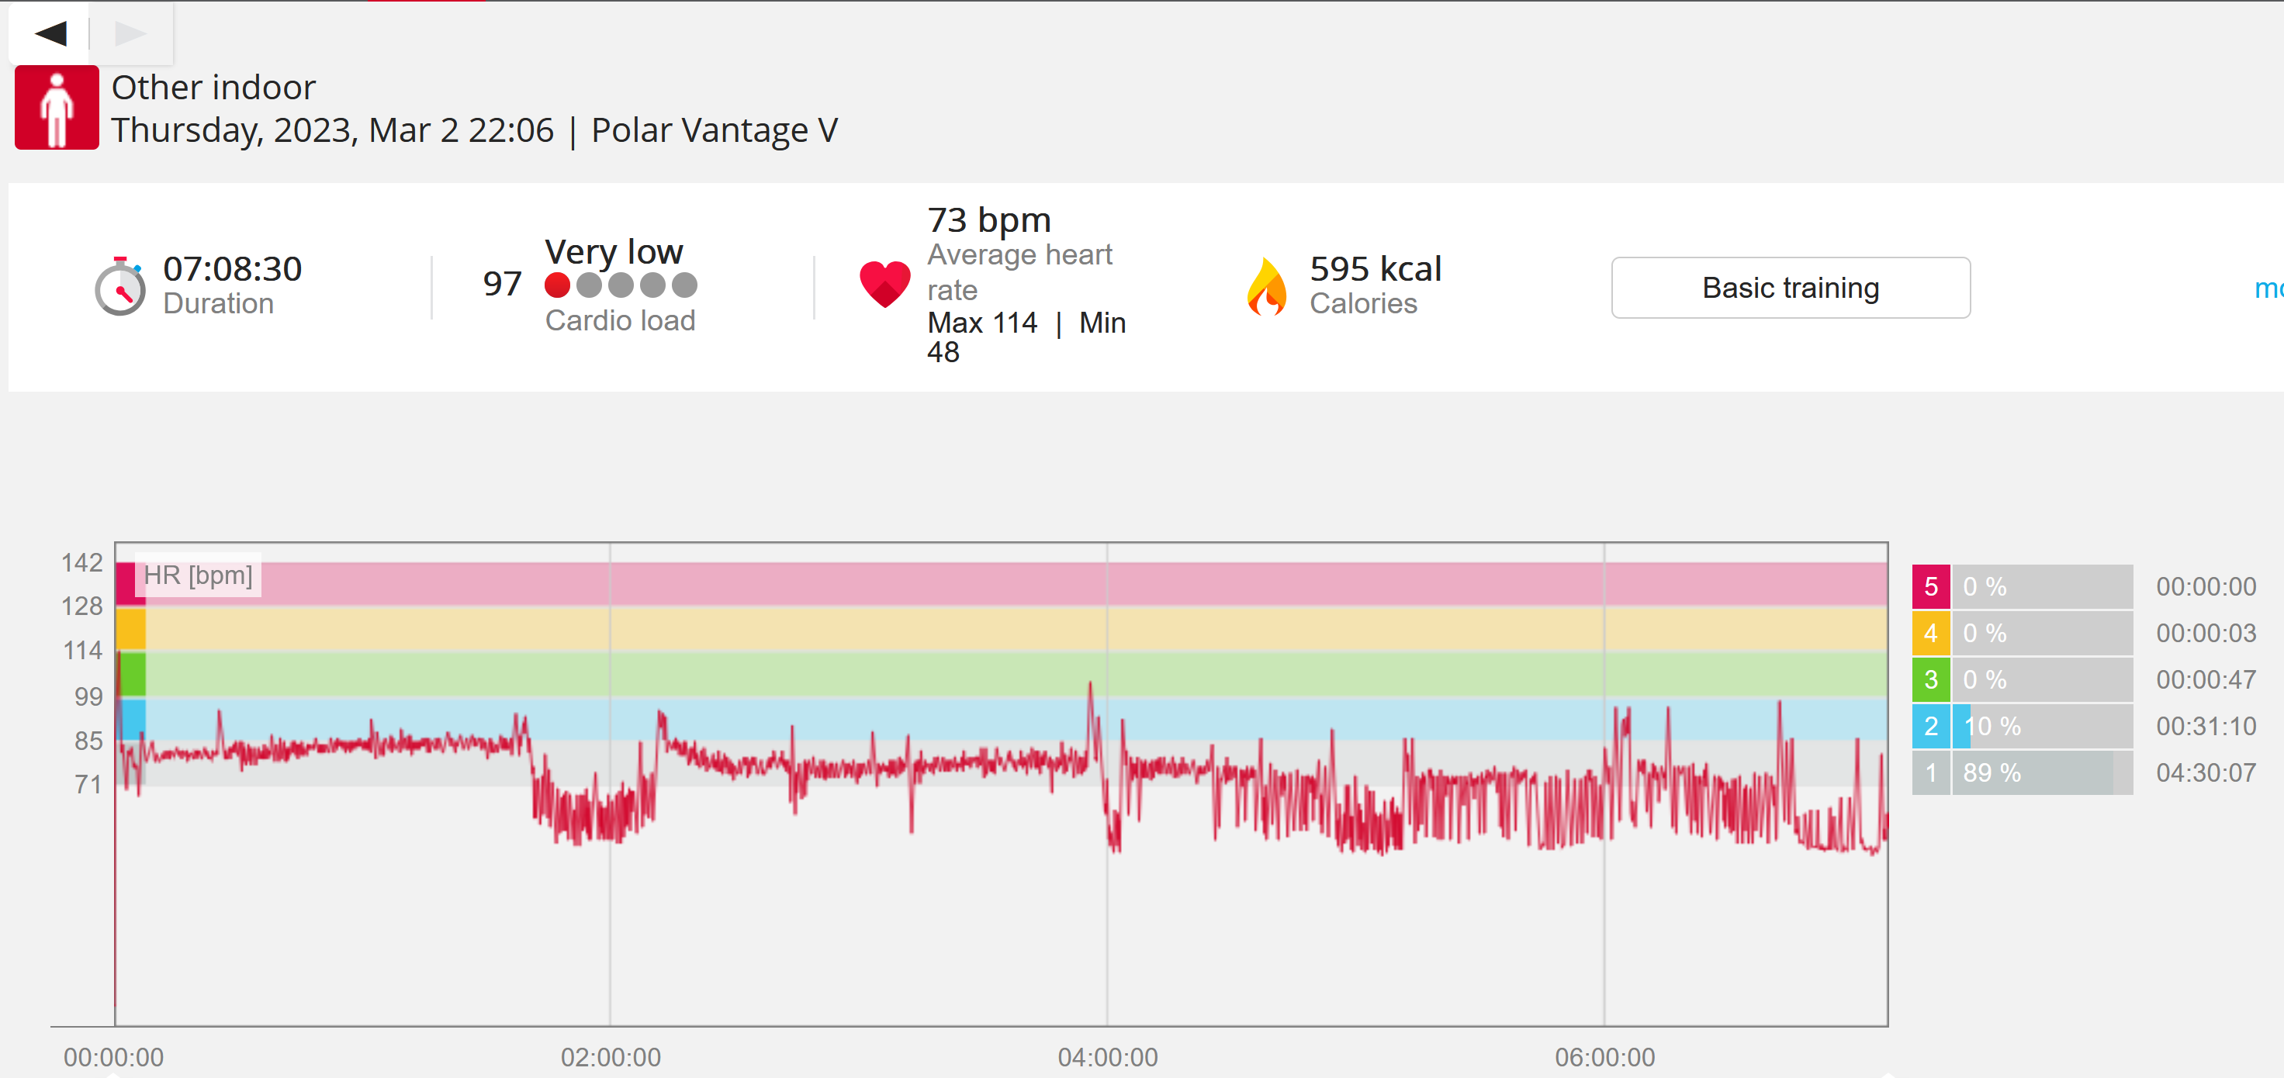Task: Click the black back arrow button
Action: click(x=50, y=33)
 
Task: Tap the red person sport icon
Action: click(x=57, y=107)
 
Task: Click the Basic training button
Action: click(x=1790, y=287)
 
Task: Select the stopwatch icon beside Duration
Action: click(x=119, y=286)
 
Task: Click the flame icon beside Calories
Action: click(x=1267, y=286)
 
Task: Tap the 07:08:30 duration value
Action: click(x=232, y=268)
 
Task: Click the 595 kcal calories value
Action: click(x=1376, y=268)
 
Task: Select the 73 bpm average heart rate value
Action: click(x=988, y=219)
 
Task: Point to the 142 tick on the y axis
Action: click(x=81, y=562)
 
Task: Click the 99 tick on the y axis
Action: click(x=88, y=696)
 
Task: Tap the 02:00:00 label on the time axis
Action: click(x=610, y=1057)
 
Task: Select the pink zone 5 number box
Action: click(x=1930, y=586)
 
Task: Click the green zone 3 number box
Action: click(x=1930, y=679)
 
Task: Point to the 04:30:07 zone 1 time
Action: click(x=2206, y=772)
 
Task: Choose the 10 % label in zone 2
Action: click(x=1992, y=726)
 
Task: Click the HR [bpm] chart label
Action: click(x=198, y=575)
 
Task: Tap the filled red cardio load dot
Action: click(x=557, y=285)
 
